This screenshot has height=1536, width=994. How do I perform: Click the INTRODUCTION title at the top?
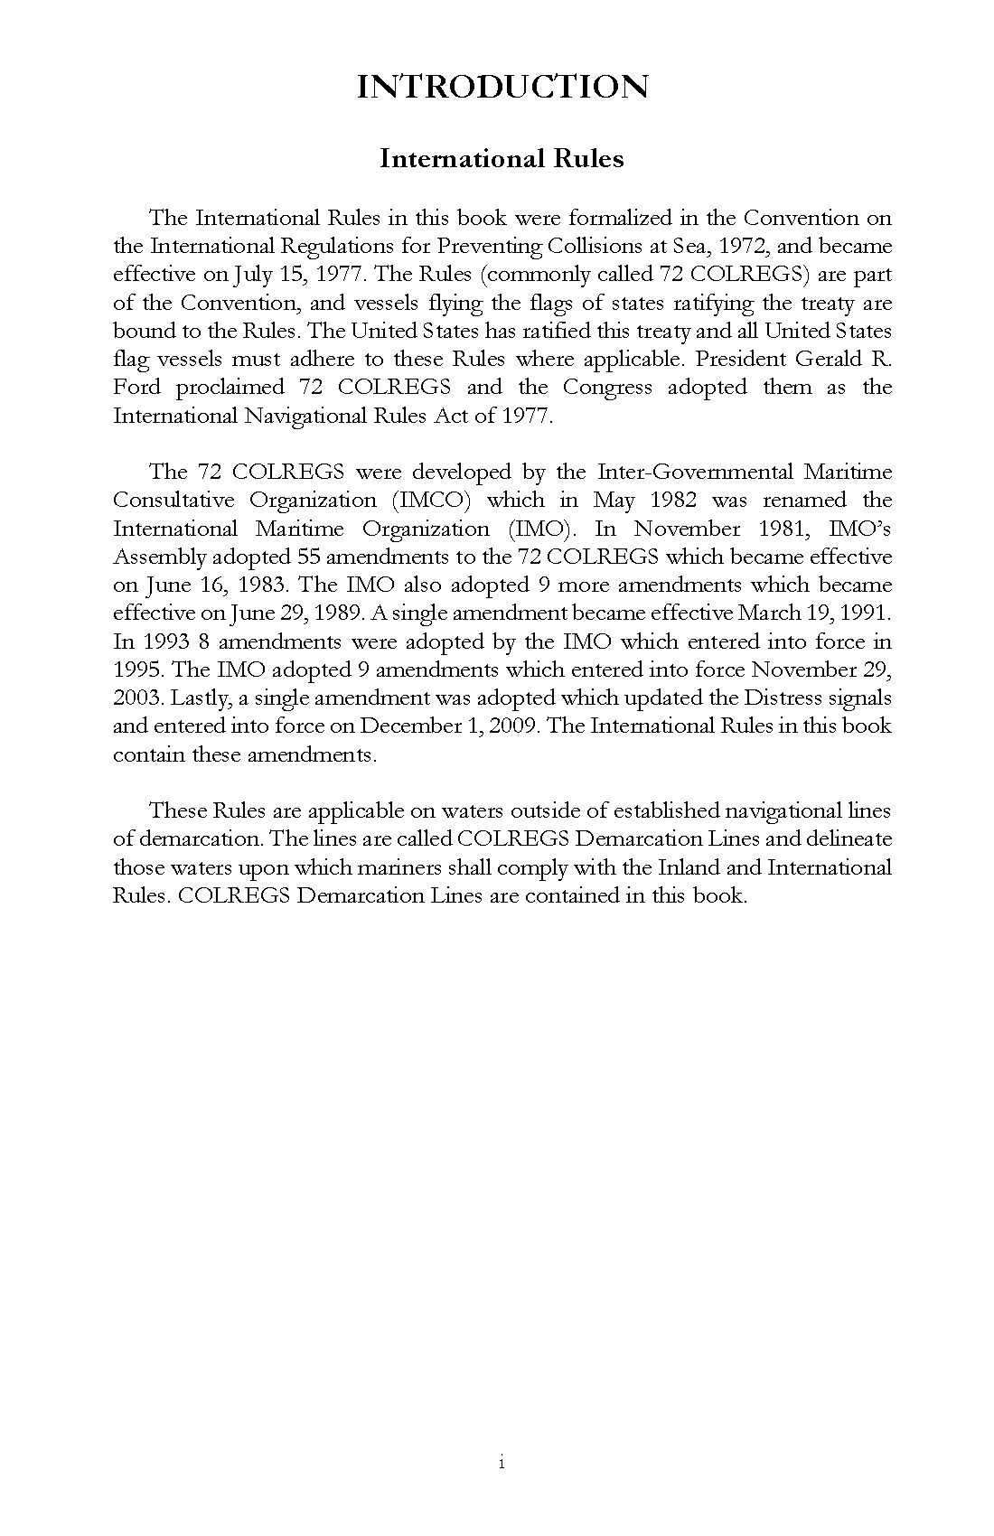pyautogui.click(x=502, y=87)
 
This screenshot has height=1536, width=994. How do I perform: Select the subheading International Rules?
pyautogui.click(x=502, y=159)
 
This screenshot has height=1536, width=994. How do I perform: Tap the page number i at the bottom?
pyautogui.click(x=501, y=1463)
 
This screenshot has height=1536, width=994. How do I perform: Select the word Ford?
pyautogui.click(x=137, y=388)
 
